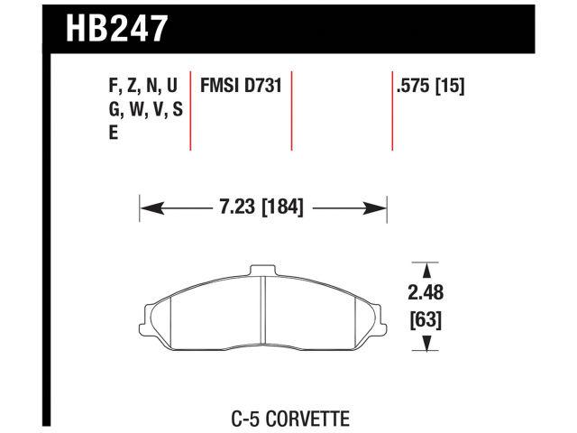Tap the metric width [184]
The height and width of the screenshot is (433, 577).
280,208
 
